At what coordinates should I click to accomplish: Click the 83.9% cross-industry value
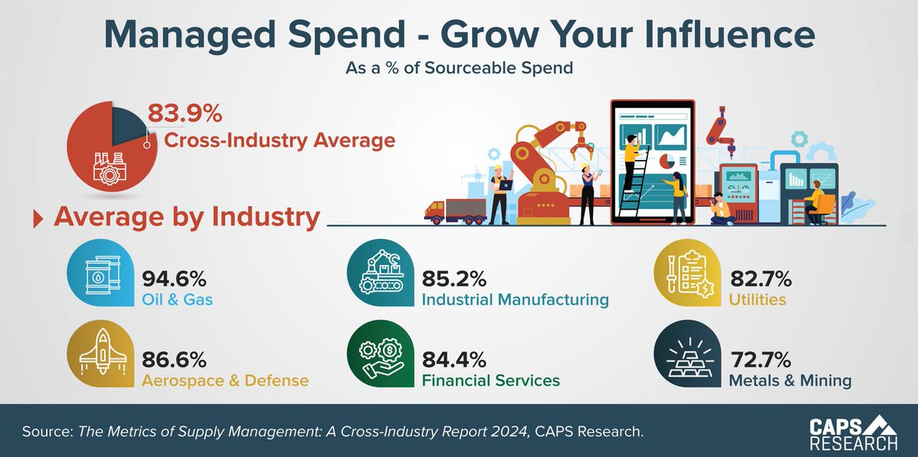point(184,115)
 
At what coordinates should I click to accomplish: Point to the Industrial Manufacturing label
point(515,299)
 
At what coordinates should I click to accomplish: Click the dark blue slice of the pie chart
point(128,122)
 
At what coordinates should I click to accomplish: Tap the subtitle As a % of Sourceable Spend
point(459,68)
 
